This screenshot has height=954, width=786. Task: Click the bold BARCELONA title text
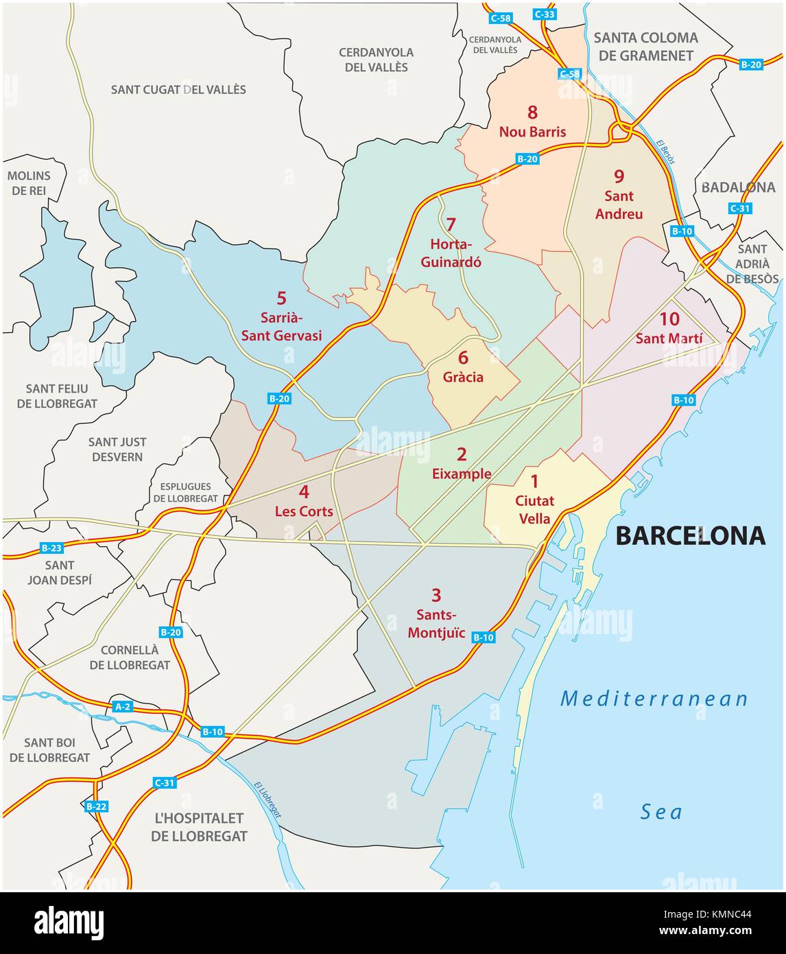690,535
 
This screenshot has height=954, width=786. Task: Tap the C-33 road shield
546,13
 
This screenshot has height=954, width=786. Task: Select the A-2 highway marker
122,706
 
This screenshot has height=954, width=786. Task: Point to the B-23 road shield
51,548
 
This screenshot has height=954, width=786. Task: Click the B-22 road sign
97,806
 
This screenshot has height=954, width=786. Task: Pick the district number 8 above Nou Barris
532,112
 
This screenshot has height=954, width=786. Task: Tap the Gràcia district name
463,377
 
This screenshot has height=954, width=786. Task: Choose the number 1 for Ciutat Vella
535,482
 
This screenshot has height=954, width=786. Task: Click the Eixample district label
462,474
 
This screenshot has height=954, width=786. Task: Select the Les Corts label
304,511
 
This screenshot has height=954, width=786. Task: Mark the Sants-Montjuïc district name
437,624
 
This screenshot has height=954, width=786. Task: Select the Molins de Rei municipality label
28,183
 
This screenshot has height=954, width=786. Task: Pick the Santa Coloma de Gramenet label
646,47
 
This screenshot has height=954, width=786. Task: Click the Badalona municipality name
738,187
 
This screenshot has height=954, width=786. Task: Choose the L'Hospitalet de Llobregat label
199,827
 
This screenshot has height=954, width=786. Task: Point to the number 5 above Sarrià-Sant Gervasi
281,298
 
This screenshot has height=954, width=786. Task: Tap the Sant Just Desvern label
117,449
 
